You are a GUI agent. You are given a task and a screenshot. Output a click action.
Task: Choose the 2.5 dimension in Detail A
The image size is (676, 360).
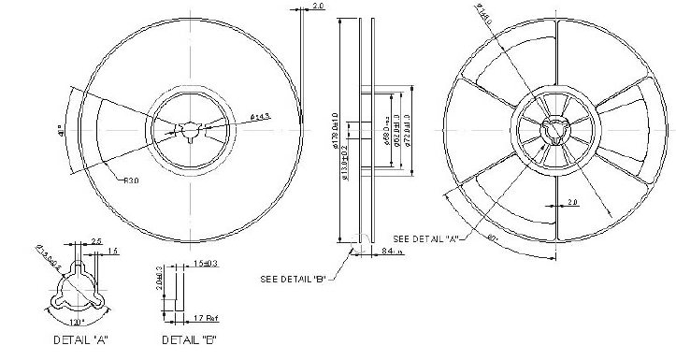click(95, 241)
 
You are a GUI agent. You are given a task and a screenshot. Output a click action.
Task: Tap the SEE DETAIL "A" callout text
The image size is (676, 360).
click(425, 237)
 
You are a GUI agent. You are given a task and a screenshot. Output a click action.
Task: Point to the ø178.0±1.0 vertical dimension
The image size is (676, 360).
click(334, 132)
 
